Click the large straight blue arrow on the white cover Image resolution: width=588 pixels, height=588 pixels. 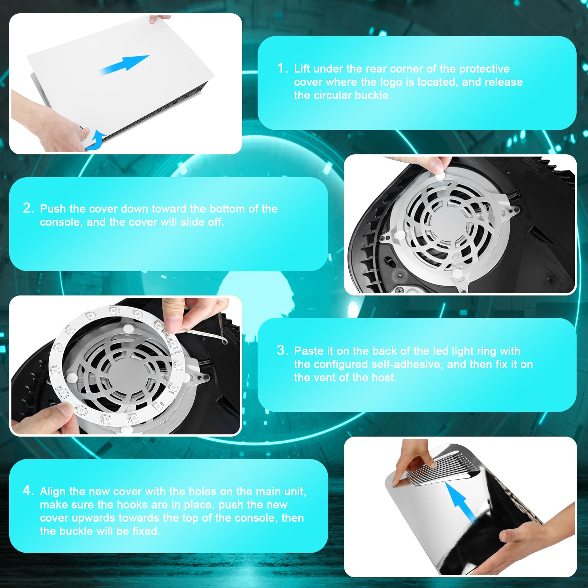pyautogui.click(x=124, y=65)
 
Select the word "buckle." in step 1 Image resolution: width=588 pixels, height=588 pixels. pyautogui.click(x=373, y=95)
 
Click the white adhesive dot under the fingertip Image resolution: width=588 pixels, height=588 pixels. pyautogui.click(x=440, y=176)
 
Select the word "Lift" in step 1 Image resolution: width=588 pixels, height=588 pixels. pyautogui.click(x=302, y=69)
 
